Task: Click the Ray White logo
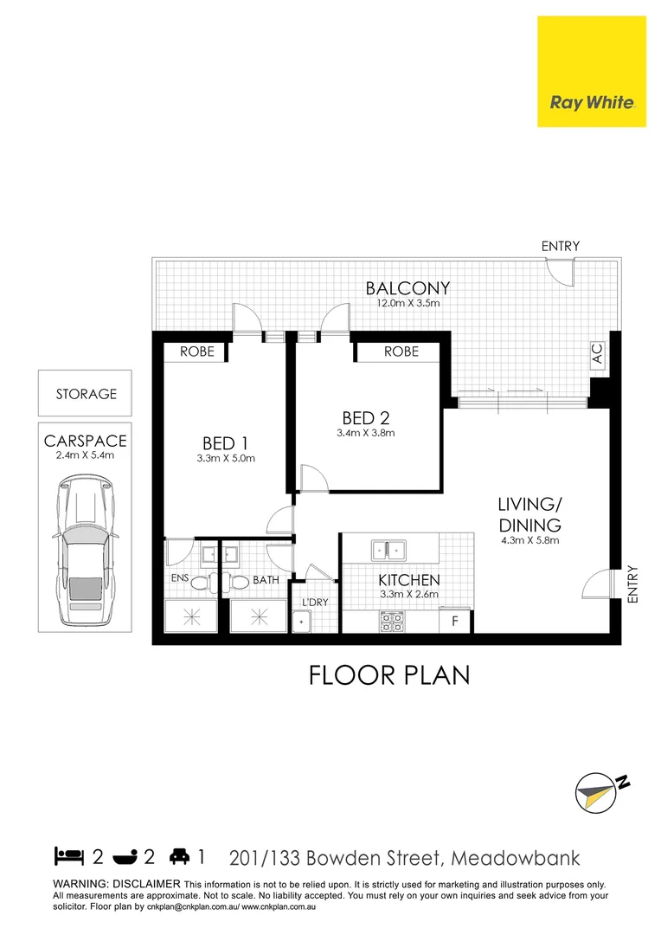(x=591, y=72)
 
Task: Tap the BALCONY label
(x=407, y=288)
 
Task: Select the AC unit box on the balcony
(x=596, y=354)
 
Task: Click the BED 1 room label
(x=225, y=442)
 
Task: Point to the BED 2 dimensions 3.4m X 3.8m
(x=365, y=433)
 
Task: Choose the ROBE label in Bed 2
(x=401, y=351)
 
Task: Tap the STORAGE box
(x=86, y=394)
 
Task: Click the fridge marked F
(x=455, y=621)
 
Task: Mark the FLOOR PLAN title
(x=389, y=675)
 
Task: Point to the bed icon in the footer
(x=70, y=857)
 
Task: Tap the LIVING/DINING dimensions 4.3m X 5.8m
(x=529, y=541)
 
